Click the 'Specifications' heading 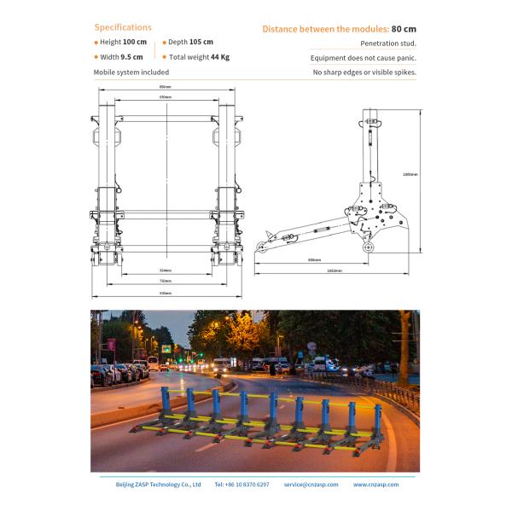123,27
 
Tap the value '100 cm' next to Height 134,42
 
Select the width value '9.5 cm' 131,57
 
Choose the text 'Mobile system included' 131,73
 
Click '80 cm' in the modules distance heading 404,28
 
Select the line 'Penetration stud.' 388,43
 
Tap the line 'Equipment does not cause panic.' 364,58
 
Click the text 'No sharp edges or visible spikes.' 364,73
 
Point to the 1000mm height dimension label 410,174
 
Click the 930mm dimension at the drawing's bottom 165,294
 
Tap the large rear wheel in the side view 369,248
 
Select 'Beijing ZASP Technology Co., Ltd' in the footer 158,484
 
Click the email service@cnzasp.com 311,484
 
